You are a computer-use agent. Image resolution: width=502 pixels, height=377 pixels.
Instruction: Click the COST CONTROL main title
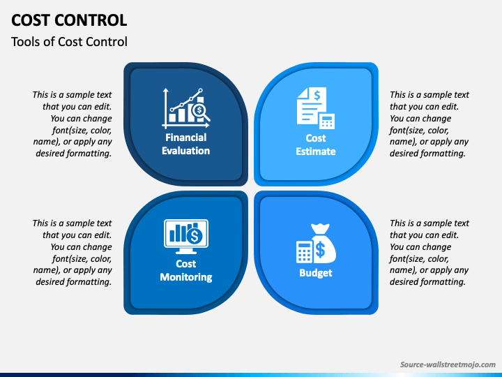point(69,20)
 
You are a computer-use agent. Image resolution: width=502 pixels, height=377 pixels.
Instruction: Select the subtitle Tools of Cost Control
point(69,42)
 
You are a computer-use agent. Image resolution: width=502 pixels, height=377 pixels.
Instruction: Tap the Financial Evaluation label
point(185,145)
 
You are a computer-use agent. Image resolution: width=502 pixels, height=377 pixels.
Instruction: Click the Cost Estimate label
point(316,145)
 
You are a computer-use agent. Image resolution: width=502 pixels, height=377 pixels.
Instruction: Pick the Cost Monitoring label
point(185,270)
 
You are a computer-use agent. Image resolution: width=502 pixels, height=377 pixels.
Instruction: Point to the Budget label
point(316,273)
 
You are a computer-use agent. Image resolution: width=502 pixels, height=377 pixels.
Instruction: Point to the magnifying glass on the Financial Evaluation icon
point(201,111)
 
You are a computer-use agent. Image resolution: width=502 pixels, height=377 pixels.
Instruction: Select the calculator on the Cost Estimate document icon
point(326,121)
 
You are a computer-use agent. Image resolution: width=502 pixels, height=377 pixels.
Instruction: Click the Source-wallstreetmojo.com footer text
point(447,364)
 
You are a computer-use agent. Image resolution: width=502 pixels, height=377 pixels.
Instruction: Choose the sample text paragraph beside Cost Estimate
point(429,124)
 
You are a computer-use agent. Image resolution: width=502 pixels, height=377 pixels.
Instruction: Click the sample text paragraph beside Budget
point(429,253)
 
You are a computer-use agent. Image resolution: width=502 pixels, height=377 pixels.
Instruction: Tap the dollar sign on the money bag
point(320,248)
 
